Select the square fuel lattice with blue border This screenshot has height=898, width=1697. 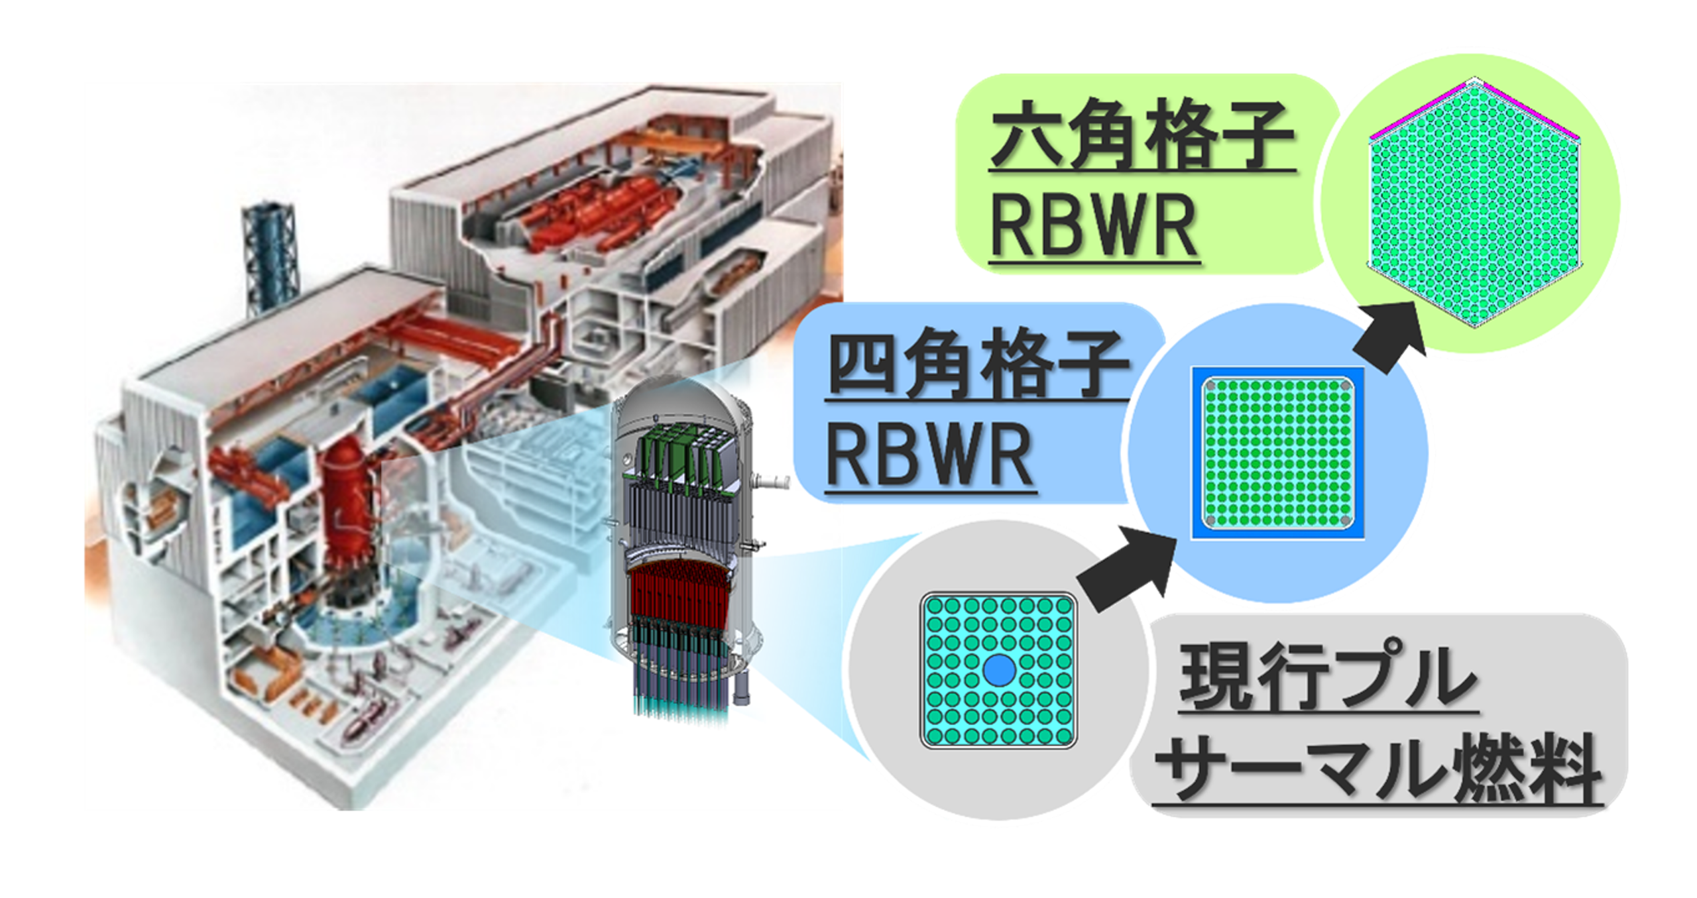(x=1277, y=453)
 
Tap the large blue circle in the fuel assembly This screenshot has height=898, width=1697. (x=999, y=670)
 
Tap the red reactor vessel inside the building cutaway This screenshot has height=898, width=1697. (x=345, y=504)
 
